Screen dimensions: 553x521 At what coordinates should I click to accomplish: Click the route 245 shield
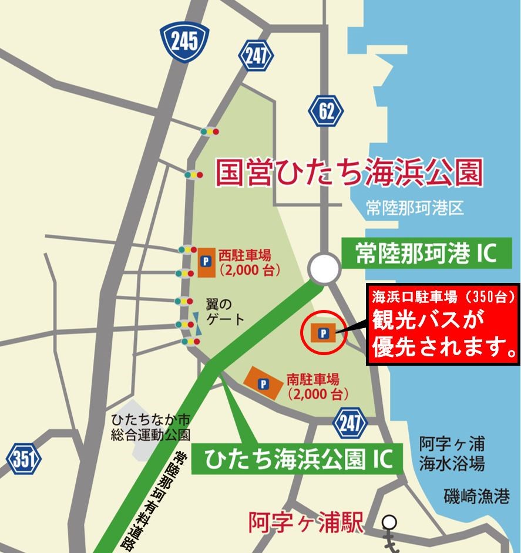186,41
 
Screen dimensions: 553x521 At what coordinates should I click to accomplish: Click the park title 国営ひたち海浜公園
349,172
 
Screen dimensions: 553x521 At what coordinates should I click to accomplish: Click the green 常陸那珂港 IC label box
426,253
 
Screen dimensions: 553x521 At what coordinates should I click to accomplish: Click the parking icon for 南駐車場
264,383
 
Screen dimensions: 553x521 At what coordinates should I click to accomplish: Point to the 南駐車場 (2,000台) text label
313,386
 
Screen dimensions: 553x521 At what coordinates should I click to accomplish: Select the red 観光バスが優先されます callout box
443,325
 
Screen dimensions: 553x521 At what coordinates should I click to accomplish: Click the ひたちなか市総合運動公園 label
152,427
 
